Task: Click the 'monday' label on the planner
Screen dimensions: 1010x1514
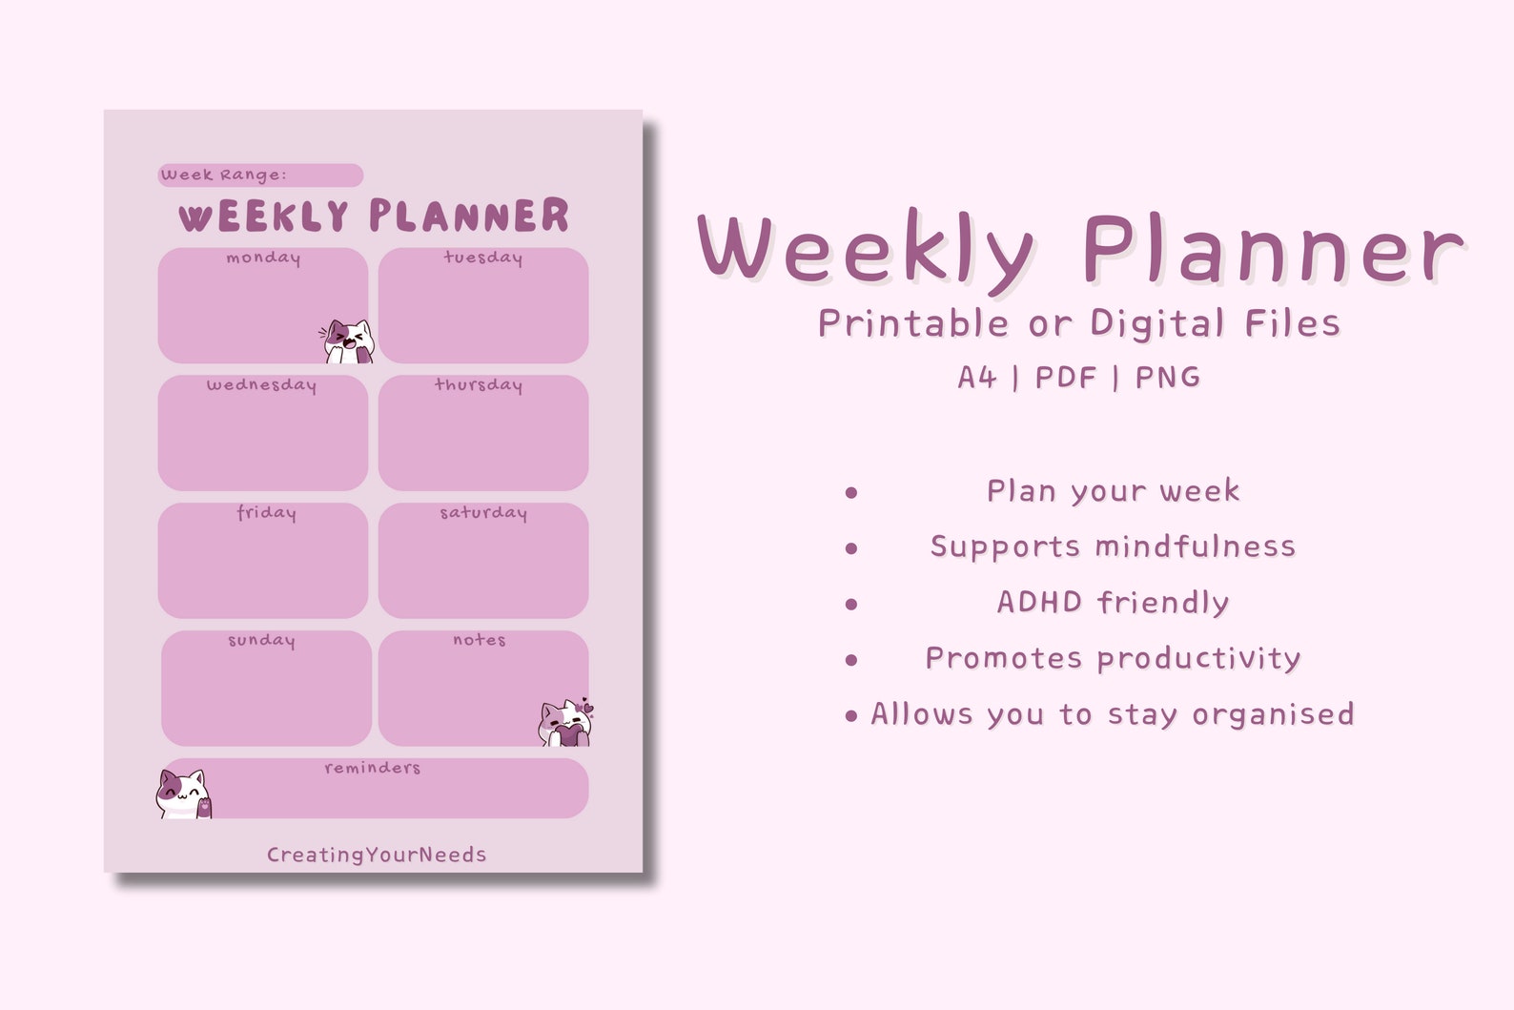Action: point(263,258)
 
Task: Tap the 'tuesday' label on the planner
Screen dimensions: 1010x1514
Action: point(482,258)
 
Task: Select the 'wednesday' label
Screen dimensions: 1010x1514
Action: point(261,385)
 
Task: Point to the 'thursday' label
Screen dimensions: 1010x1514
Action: point(479,385)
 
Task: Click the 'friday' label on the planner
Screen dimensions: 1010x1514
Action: point(266,513)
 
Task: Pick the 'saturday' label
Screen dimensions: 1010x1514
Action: point(482,513)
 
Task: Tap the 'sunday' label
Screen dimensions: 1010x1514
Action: point(261,641)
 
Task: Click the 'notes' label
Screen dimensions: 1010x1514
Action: point(479,640)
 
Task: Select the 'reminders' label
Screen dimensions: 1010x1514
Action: point(372,768)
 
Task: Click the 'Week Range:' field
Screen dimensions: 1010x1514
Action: point(259,175)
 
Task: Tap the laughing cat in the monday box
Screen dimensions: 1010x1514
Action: point(348,341)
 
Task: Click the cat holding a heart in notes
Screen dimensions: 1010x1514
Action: point(566,723)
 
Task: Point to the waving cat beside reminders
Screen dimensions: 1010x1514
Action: point(183,794)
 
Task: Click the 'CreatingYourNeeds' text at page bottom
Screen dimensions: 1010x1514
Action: point(377,855)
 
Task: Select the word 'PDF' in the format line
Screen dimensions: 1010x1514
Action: point(1065,378)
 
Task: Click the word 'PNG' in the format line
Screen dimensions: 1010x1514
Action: point(1167,378)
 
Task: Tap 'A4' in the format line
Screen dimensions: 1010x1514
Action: point(977,378)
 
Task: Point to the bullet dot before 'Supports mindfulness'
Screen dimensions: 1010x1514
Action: point(851,548)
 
